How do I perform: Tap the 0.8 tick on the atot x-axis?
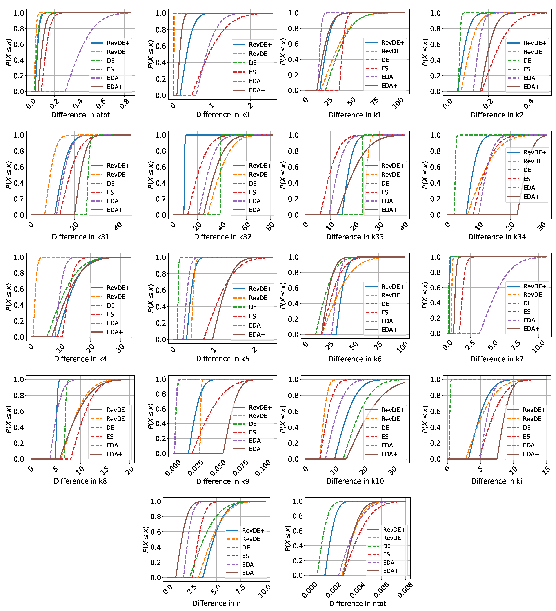coord(124,104)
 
